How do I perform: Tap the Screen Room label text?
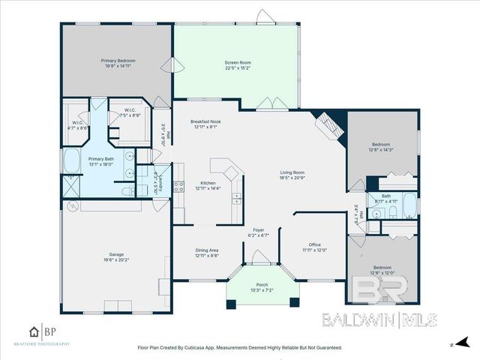(236, 64)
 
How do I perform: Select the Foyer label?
(259, 232)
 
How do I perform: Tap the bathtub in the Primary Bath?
(73, 160)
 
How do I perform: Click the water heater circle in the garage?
(73, 206)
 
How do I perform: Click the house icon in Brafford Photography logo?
(34, 331)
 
